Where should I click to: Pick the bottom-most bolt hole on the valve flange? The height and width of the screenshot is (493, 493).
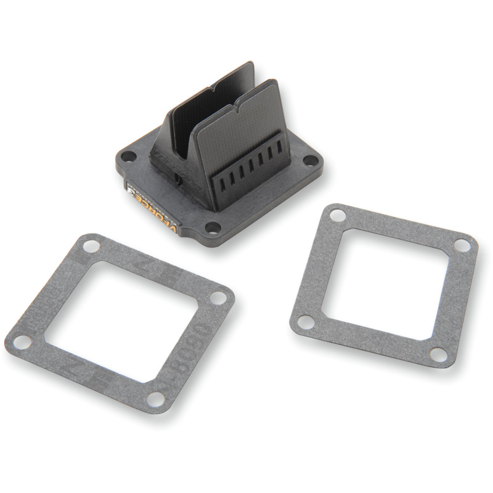pos(213,229)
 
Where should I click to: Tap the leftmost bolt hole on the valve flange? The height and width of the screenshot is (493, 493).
pos(128,157)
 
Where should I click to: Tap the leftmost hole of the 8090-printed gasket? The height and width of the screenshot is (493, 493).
pos(22,341)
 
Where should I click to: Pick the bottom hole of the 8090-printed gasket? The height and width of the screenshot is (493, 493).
pos(156,399)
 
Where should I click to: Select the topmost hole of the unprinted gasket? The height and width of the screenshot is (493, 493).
pos(337,215)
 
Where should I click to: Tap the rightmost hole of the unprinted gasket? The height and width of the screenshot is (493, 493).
pos(462,245)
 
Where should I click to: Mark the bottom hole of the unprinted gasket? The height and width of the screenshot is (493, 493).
pos(438,354)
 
